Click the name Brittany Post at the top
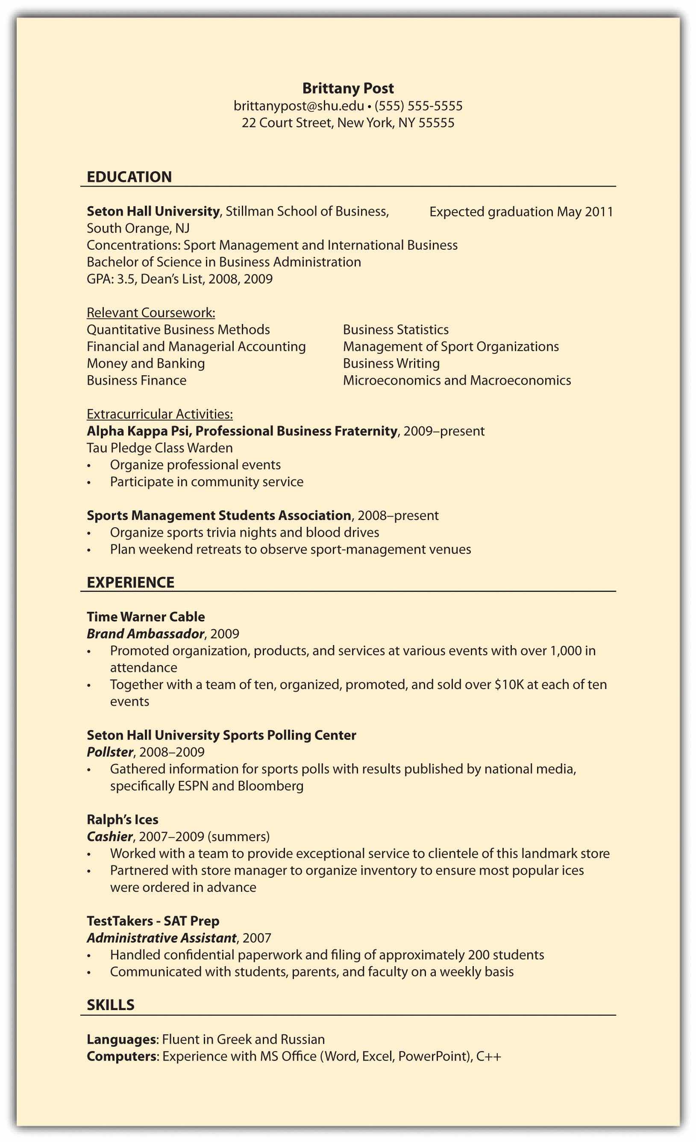[x=348, y=88]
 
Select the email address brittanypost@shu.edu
[x=299, y=106]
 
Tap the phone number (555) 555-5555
[x=418, y=106]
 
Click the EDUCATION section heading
[x=129, y=177]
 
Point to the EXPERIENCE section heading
[x=131, y=583]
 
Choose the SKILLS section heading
[x=111, y=1005]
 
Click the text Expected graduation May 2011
[x=521, y=212]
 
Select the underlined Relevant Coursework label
[x=151, y=313]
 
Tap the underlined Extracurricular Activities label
[x=159, y=414]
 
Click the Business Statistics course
[x=396, y=330]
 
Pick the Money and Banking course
[x=146, y=363]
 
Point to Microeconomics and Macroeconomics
[x=457, y=380]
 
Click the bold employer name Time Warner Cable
[x=146, y=617]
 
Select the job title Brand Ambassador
[x=146, y=634]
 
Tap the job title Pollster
[x=110, y=752]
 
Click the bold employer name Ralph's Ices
[x=123, y=819]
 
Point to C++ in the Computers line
[x=489, y=1057]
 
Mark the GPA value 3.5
[x=126, y=279]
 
